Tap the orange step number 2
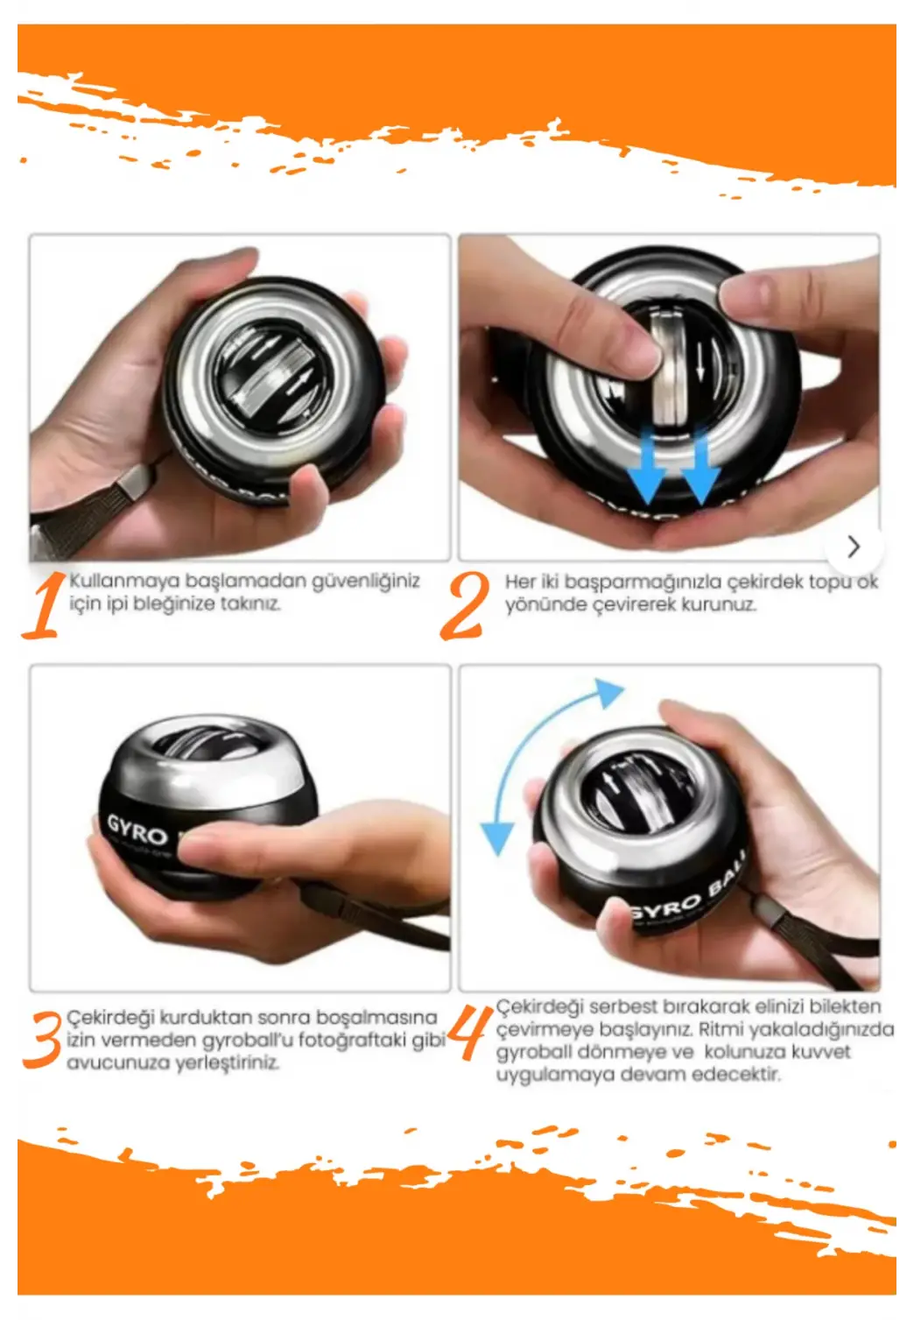(465, 606)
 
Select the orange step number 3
(42, 1040)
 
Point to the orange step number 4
(468, 1032)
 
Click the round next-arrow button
(854, 547)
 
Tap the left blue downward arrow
(647, 469)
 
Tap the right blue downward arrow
(700, 469)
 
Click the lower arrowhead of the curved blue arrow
(497, 838)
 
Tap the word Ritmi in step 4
(721, 1029)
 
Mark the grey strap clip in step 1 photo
(135, 479)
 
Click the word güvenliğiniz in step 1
(365, 582)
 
